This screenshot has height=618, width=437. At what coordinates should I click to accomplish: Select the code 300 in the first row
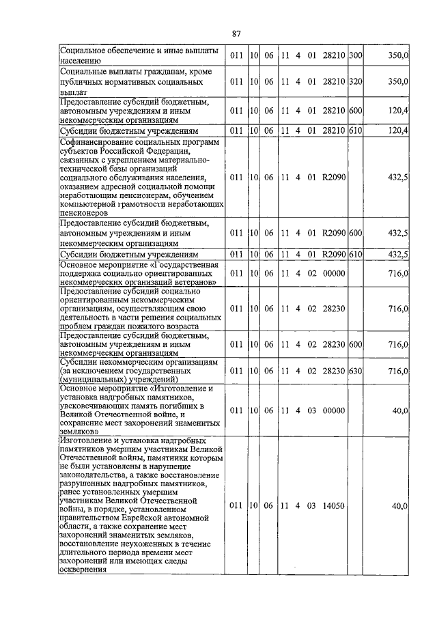pyautogui.click(x=354, y=55)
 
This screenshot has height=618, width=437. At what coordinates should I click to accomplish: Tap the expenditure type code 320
pyautogui.click(x=354, y=81)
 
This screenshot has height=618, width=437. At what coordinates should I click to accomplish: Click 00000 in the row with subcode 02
pyautogui.click(x=335, y=273)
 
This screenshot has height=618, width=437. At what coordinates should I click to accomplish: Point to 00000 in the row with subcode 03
pyautogui.click(x=335, y=410)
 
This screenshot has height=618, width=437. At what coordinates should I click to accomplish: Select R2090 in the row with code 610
pyautogui.click(x=335, y=255)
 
